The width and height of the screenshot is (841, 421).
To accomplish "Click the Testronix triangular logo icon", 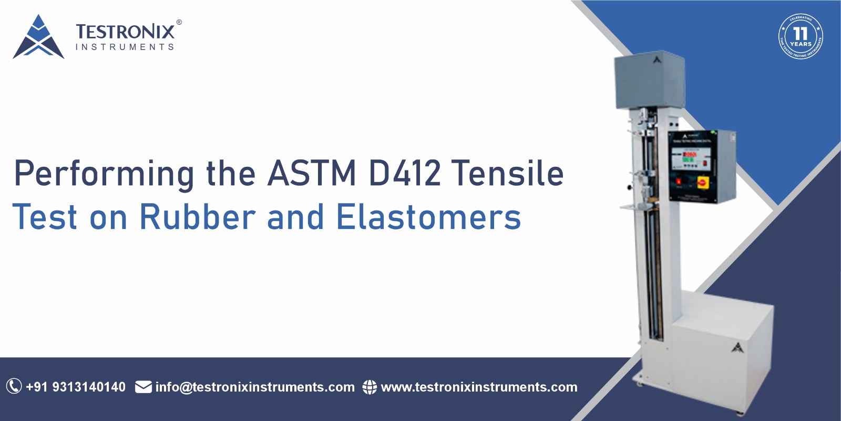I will point(38,37).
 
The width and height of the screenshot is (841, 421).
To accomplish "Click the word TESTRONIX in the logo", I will point(125,32).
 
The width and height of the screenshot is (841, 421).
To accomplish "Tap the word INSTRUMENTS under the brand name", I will point(125,47).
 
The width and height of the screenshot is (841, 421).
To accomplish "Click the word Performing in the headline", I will point(104,174).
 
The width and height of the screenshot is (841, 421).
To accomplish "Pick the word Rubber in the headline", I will point(197,217).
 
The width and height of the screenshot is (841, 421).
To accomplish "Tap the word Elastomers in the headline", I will point(428,217).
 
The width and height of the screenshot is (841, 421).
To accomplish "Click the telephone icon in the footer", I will point(14,387).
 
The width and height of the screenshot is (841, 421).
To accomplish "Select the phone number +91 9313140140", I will point(76,387).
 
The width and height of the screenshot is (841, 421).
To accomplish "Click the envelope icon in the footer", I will point(143,387).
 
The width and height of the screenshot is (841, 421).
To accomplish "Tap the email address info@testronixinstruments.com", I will point(255,387).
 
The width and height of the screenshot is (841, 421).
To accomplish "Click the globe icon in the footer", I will point(370,387).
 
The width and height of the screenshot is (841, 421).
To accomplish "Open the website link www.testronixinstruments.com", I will point(479,387).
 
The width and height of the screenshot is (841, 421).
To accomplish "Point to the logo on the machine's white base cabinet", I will point(737,347).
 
